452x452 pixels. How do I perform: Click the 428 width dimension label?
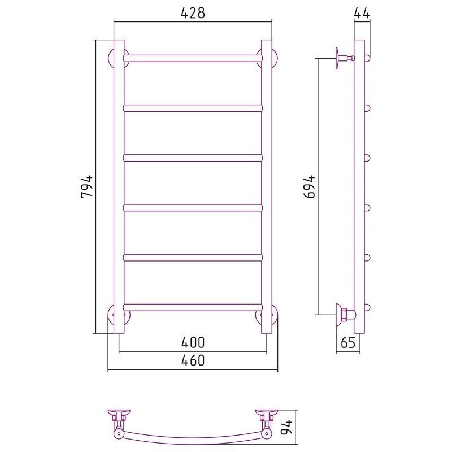[193, 13]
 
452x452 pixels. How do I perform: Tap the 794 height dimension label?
[87, 186]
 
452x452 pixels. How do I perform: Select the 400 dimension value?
[193, 342]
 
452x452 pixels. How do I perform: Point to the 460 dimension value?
[193, 360]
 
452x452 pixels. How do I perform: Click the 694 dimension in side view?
[310, 186]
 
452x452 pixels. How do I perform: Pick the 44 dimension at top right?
[362, 13]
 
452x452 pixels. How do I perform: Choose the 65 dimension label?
[348, 342]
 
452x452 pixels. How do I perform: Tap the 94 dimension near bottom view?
[287, 428]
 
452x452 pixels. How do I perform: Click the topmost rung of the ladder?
[193, 59]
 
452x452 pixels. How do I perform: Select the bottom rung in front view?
[193, 307]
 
